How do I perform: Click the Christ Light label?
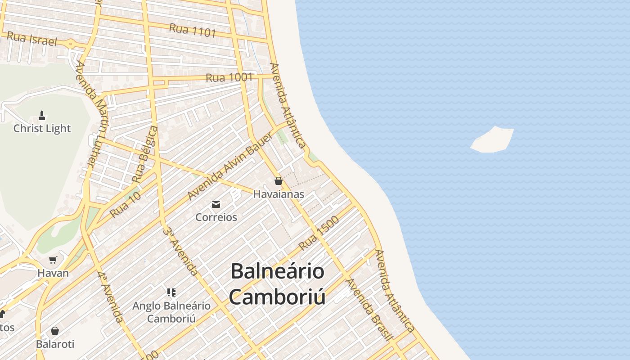(42, 128)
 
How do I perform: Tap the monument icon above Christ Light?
(42, 116)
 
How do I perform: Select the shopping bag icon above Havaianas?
(279, 181)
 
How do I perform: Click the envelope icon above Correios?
(216, 204)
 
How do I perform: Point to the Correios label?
(216, 217)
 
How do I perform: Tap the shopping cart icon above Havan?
(53, 260)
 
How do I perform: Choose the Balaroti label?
(55, 344)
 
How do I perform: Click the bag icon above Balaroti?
(55, 331)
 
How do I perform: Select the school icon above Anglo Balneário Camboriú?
(171, 292)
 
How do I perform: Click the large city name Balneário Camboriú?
(277, 284)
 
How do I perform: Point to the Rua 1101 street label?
(193, 30)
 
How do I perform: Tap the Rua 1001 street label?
(229, 77)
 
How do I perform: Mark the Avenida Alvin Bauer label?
(229, 166)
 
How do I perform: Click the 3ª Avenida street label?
(180, 251)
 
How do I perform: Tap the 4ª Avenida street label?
(110, 297)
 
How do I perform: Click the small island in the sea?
(493, 139)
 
